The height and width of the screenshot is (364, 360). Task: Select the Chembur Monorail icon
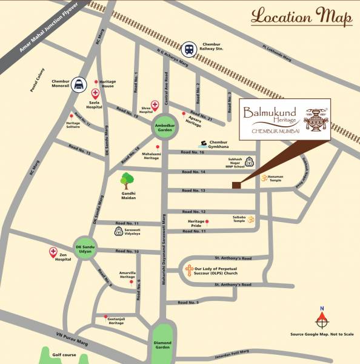click(78, 86)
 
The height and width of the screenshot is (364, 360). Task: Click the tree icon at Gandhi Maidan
click(127, 180)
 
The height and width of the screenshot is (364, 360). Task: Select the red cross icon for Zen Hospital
click(52, 252)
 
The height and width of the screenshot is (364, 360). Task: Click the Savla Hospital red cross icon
click(95, 93)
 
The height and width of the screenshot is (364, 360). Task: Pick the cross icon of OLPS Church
click(189, 270)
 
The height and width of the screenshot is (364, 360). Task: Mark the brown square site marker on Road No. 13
click(236, 186)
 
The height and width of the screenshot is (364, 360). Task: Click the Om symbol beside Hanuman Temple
click(264, 178)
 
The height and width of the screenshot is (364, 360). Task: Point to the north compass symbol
click(322, 318)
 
